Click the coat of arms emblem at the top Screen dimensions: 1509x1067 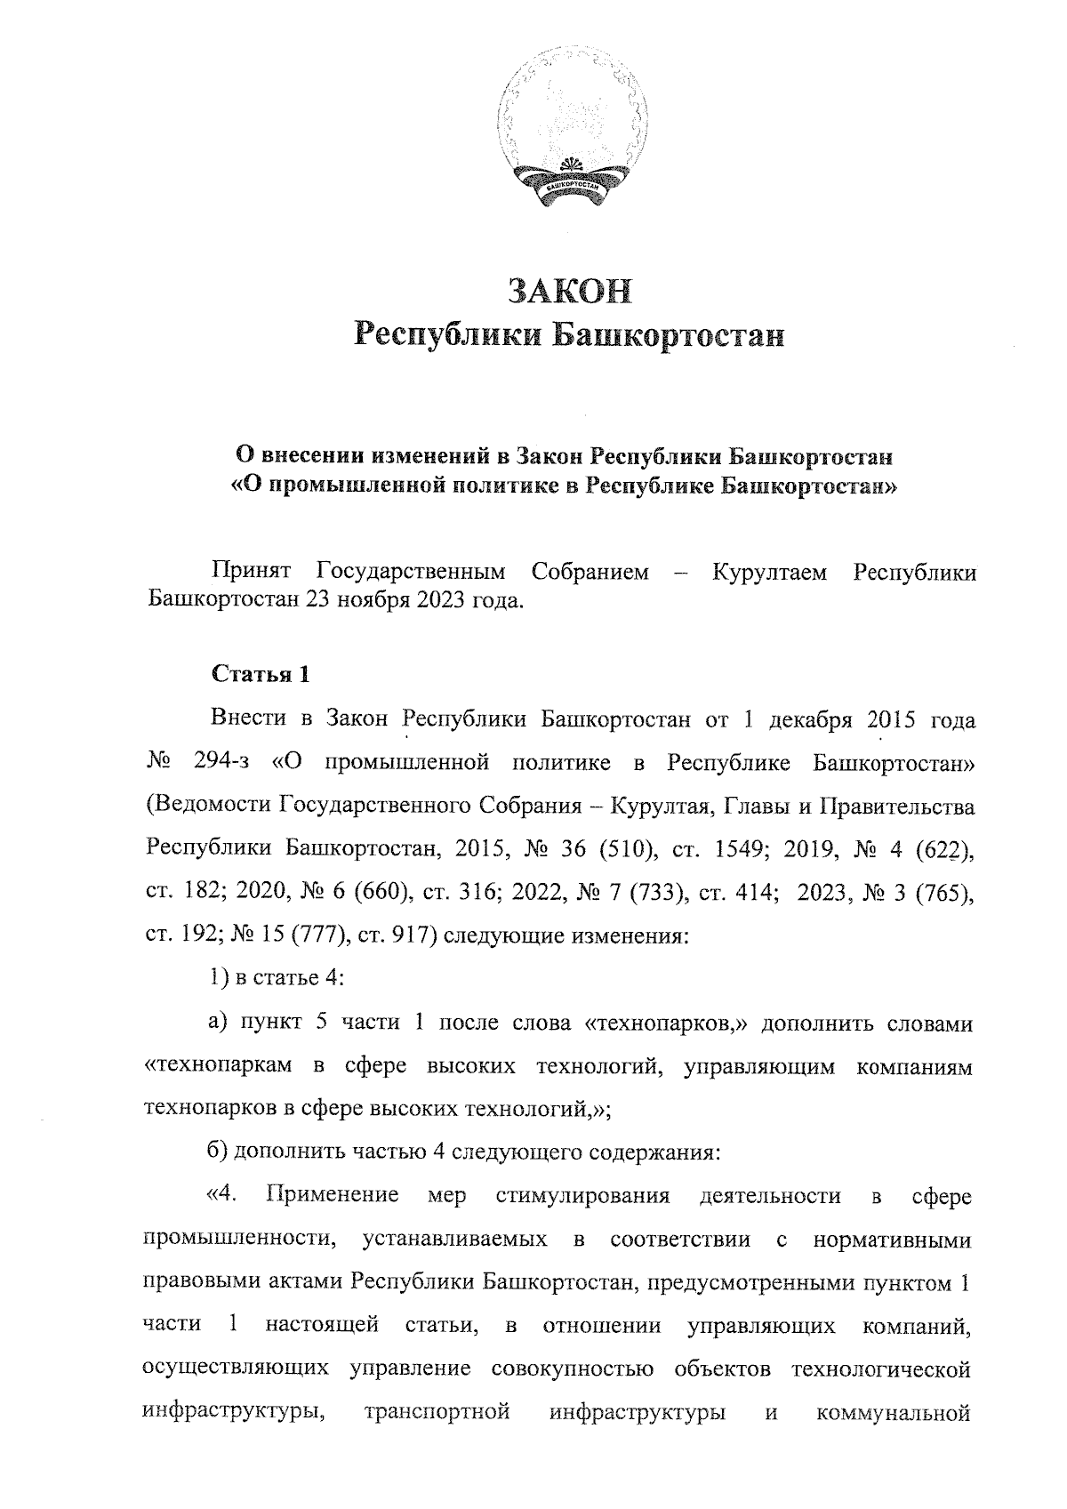(x=570, y=133)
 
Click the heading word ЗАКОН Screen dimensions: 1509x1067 (x=569, y=291)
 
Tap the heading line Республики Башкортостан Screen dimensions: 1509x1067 (x=569, y=336)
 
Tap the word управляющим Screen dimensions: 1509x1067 (x=759, y=1066)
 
